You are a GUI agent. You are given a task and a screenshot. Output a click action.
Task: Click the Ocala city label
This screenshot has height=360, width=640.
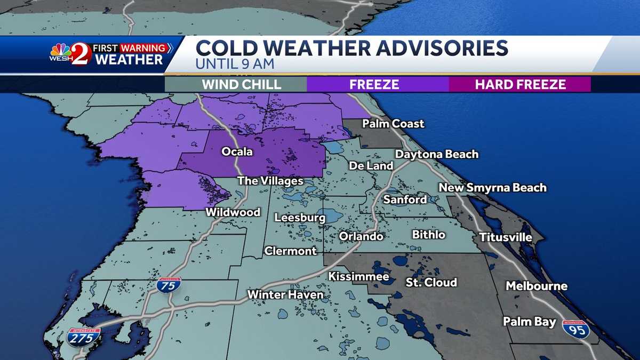coord(237,152)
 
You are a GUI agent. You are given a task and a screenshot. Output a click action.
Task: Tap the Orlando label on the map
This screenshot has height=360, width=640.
coord(361,236)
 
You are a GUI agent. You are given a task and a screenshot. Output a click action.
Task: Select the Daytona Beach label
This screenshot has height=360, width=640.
coord(437,154)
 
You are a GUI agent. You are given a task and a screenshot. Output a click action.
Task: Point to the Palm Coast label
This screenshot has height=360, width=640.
coord(393,124)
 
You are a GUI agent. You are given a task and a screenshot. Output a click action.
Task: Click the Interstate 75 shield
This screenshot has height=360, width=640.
coord(169,285)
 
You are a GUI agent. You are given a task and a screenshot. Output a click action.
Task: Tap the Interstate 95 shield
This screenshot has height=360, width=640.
coord(576,329)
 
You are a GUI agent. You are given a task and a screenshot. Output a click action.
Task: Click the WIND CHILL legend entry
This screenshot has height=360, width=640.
coord(235,84)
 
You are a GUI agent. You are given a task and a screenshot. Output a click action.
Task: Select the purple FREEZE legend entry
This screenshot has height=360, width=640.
coord(378,84)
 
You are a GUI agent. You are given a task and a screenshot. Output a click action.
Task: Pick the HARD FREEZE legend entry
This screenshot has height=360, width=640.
coord(520,84)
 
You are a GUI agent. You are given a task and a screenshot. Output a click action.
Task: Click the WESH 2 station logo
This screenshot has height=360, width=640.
coord(70,54)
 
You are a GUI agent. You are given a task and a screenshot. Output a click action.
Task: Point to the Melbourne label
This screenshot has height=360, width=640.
coord(537,286)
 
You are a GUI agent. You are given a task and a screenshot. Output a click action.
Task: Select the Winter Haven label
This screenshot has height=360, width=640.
coord(285,294)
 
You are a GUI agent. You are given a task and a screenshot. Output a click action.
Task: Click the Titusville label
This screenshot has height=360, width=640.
coord(505,237)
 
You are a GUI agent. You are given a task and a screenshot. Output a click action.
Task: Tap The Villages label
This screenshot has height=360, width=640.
coord(270,181)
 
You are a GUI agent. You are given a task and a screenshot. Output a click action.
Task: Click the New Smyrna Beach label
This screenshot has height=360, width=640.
coord(492,187)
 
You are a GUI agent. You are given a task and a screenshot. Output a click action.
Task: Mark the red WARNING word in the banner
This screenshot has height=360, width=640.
coord(142,48)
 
